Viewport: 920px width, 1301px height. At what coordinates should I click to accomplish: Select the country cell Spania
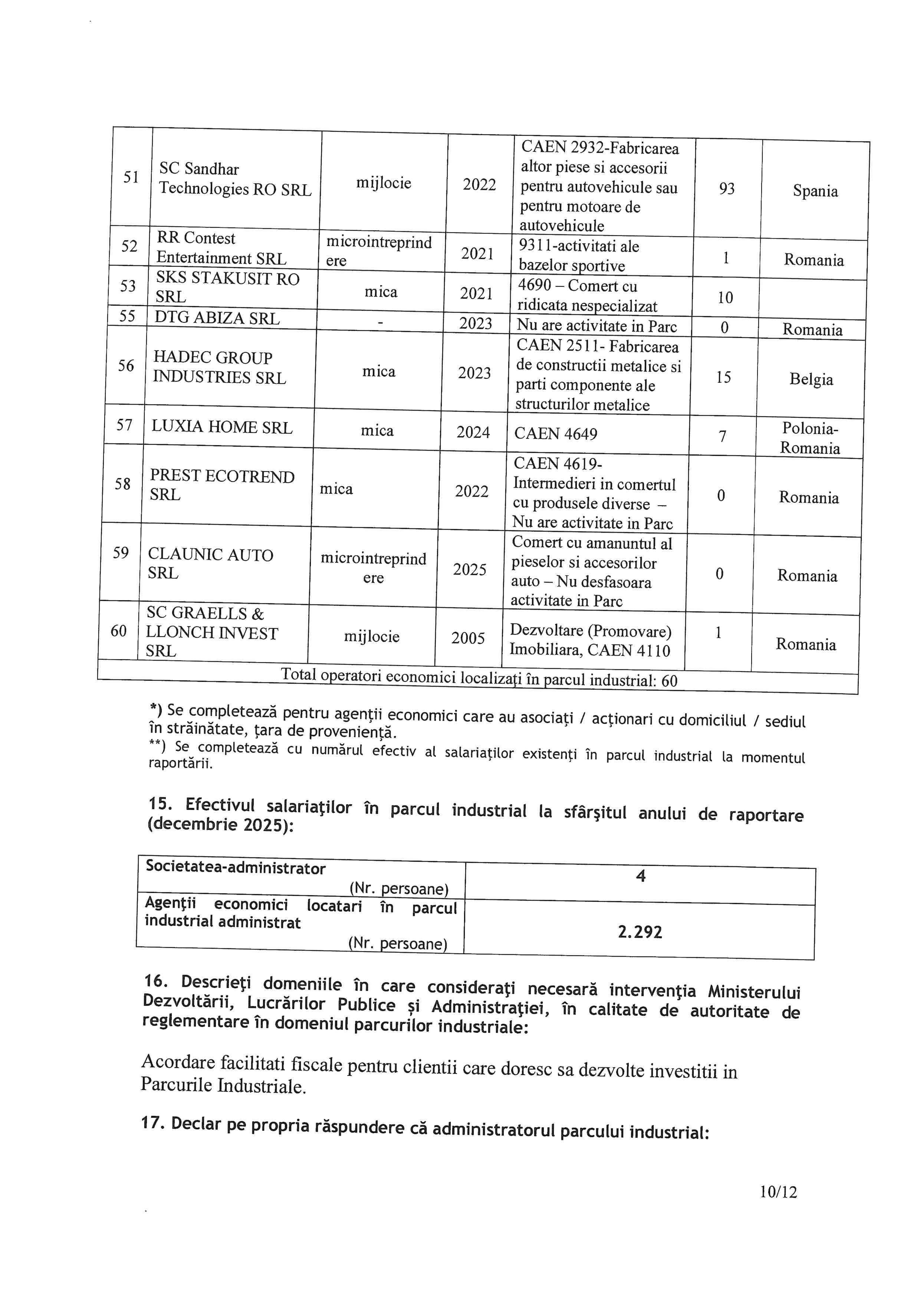point(815,191)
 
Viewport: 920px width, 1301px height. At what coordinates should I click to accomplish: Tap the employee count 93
point(727,189)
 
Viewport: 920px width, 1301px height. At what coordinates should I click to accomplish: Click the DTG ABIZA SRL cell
point(217,318)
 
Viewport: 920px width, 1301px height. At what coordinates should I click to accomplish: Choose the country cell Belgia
point(811,379)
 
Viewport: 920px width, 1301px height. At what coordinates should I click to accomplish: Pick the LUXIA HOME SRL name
point(221,427)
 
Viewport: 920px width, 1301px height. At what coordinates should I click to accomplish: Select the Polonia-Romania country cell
point(810,438)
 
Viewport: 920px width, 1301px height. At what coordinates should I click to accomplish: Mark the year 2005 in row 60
point(468,638)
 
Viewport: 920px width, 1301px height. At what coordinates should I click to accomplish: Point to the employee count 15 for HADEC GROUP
point(723,377)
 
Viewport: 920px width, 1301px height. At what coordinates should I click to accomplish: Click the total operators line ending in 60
point(479,678)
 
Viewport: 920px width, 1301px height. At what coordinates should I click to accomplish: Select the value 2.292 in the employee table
point(640,932)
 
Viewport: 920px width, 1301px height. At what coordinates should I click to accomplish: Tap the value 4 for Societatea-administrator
point(641,877)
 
